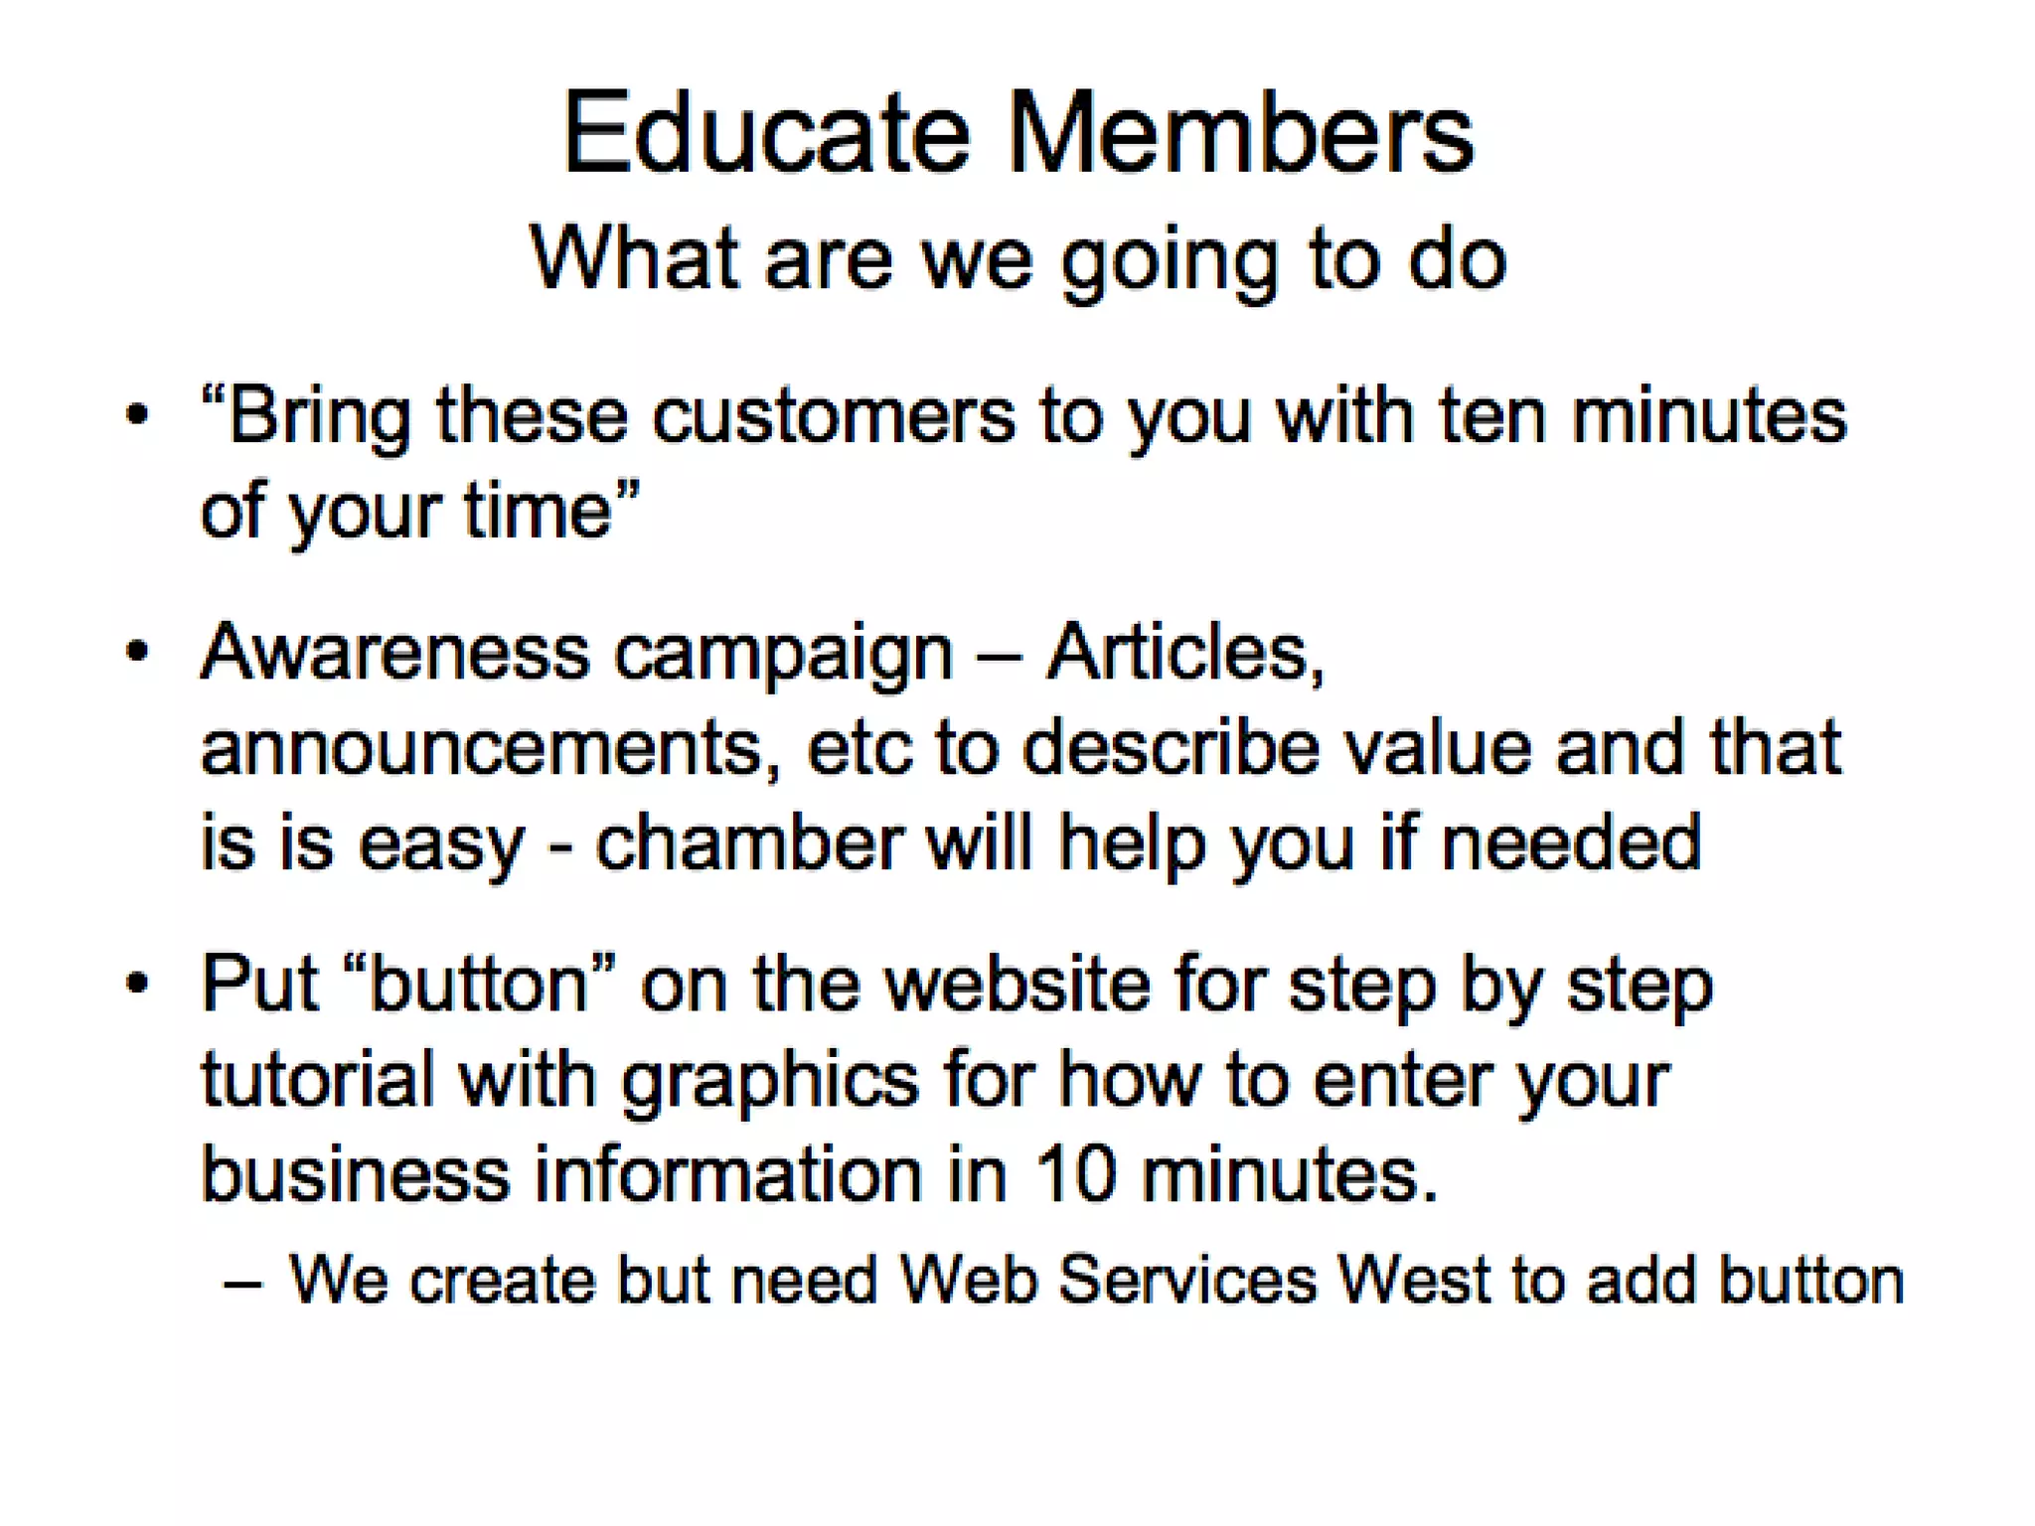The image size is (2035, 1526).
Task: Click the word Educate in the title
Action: [x=766, y=133]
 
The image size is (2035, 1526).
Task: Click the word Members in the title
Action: [x=1241, y=133]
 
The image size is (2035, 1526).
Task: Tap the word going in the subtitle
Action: [x=1169, y=260]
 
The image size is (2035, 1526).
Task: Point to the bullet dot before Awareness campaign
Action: [x=137, y=652]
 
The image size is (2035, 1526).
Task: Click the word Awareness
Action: [x=395, y=653]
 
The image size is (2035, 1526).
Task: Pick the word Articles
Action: [x=1185, y=653]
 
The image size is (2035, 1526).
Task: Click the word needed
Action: [x=1571, y=842]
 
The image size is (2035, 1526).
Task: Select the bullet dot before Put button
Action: [x=137, y=984]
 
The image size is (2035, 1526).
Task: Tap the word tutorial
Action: [x=317, y=1079]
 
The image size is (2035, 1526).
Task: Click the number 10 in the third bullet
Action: [x=1075, y=1174]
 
